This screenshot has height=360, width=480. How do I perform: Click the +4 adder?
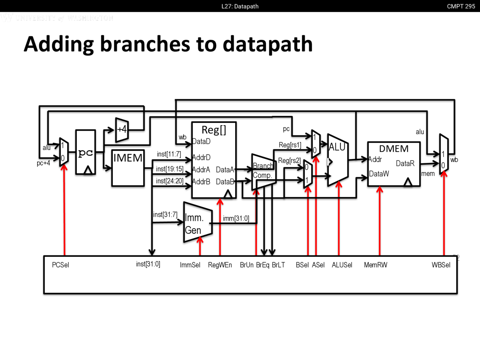coord(122,130)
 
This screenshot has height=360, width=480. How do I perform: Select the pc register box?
coord(85,152)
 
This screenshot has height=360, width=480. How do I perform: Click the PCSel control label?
coord(60,265)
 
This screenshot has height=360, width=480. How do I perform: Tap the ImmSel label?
coord(190,265)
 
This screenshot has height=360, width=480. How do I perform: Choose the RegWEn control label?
coord(220,265)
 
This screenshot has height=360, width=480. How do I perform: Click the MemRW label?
coord(375,265)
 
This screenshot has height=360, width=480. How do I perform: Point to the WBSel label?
coord(441,265)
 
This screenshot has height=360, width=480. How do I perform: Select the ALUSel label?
coord(342,265)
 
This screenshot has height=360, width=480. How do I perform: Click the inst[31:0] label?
coord(148,264)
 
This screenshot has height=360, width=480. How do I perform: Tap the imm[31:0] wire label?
coord(236,218)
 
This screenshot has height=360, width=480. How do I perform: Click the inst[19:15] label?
coord(169,169)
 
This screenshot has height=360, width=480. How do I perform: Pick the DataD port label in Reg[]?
coord(201,142)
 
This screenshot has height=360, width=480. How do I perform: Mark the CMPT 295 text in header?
coord(461,6)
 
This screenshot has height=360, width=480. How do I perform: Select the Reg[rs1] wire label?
coord(290,145)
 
